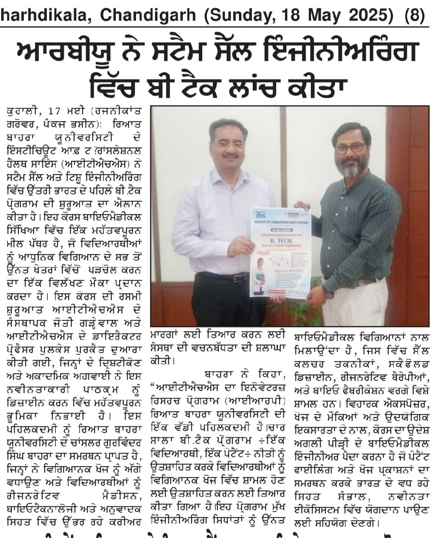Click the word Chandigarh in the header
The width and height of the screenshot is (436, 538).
[x=148, y=15]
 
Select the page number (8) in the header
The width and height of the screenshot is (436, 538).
[x=415, y=15]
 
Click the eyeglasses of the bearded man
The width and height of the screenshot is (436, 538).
[x=350, y=147]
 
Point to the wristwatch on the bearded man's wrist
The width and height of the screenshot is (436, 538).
[x=327, y=291]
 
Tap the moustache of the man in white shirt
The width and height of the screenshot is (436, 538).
[x=229, y=155]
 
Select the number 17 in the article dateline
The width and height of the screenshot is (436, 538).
[x=60, y=110]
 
